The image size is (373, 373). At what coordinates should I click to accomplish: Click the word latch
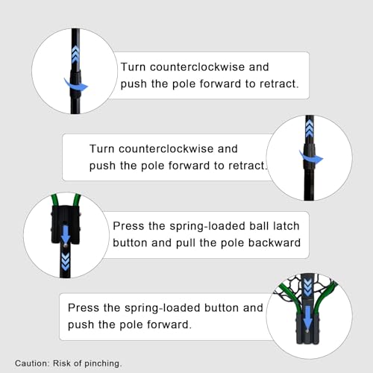pos(286,226)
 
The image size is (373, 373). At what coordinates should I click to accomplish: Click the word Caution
pos(32,363)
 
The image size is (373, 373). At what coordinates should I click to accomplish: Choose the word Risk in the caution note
pos(62,363)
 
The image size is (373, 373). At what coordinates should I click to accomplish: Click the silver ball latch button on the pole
pos(65,246)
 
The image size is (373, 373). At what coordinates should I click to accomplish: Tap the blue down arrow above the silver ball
pos(66,233)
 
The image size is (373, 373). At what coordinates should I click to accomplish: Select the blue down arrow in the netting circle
pos(308,317)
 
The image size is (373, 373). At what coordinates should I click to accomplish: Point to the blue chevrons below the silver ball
pos(66,262)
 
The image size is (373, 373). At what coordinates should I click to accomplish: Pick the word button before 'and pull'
pos(129,242)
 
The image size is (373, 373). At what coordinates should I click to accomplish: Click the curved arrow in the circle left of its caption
pos(76,85)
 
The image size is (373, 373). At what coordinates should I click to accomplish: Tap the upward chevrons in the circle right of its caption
pos(309,128)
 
